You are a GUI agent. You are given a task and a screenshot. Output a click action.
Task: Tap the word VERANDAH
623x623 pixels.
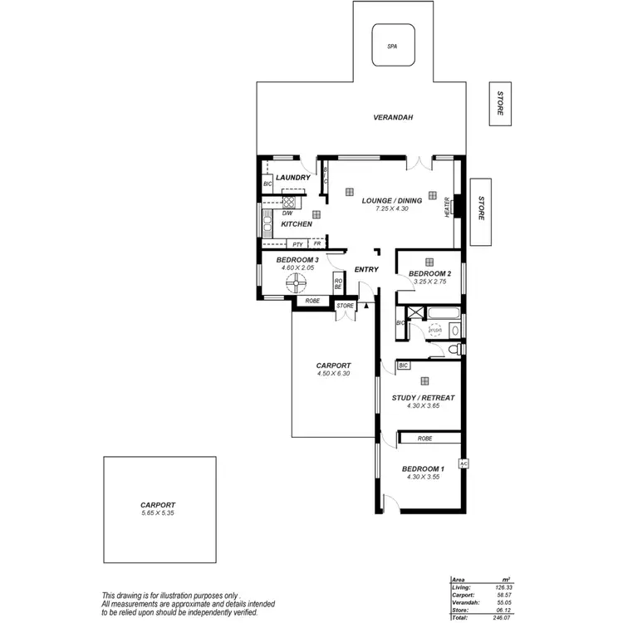point(393,118)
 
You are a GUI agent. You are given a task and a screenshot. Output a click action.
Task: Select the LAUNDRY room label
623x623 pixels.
point(292,178)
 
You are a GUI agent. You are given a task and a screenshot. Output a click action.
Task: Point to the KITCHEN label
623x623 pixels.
point(297,224)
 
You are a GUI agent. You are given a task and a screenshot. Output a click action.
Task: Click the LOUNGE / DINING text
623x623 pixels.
point(392,200)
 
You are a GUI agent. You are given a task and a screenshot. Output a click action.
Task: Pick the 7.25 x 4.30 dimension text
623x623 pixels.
point(392,209)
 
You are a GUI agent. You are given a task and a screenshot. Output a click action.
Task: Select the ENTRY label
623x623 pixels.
point(366,269)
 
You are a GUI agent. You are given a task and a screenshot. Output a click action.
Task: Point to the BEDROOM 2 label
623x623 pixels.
point(429,274)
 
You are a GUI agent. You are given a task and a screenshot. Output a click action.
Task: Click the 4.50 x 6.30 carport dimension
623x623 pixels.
point(333,374)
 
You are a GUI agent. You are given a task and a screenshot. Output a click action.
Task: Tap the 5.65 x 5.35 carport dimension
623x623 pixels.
point(158,513)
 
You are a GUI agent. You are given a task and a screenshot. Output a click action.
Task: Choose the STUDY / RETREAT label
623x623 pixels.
point(423,398)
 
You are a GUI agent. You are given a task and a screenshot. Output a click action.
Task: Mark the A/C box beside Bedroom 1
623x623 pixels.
point(464,464)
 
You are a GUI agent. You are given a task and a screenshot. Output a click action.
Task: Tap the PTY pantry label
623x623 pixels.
point(297,244)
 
